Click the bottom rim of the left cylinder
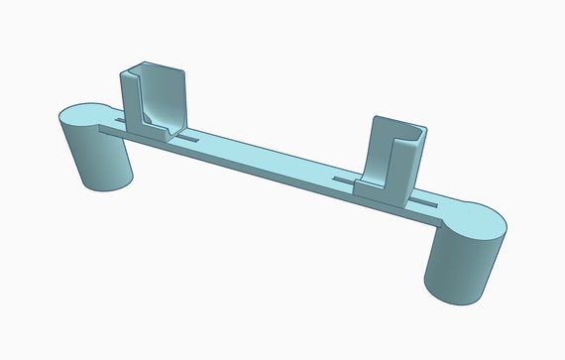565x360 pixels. (104, 189)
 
